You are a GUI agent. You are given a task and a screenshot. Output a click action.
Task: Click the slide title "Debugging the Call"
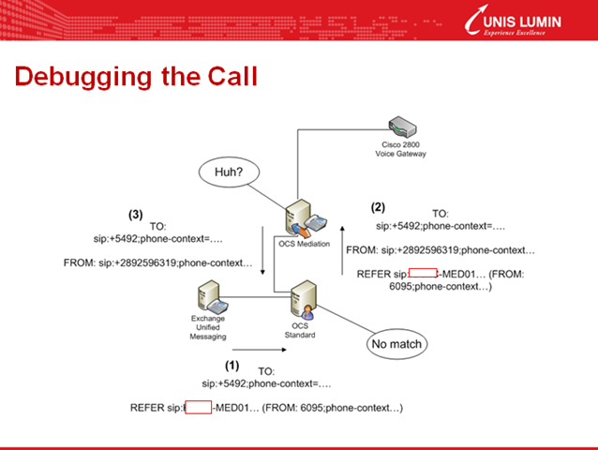136,76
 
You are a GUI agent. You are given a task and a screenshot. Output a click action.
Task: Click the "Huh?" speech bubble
227,172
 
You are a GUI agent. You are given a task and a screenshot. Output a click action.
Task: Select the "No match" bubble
395,344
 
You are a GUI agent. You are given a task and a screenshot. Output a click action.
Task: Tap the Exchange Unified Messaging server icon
207,297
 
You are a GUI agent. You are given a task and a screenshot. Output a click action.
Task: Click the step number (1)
232,362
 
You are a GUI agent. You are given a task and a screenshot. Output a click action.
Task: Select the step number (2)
379,206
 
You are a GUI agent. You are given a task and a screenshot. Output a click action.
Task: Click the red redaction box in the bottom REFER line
198,408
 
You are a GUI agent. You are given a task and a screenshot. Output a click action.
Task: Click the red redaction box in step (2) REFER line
424,274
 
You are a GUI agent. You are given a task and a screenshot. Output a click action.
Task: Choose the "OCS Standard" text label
301,331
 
